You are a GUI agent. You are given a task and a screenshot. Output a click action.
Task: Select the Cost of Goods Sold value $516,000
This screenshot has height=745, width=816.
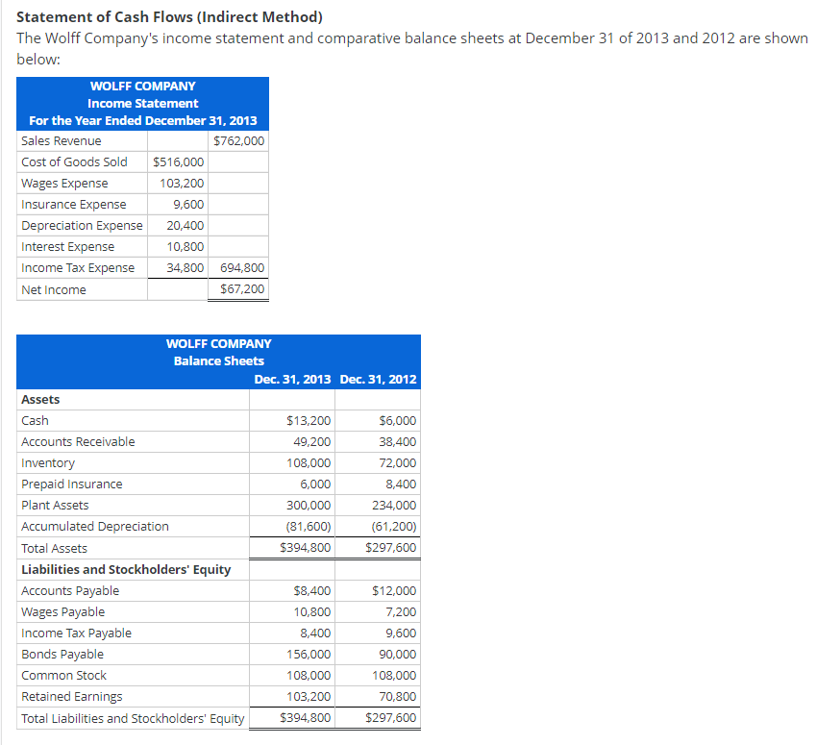click(x=177, y=162)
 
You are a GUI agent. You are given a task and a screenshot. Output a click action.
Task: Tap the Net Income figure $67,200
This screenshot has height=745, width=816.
click(x=242, y=289)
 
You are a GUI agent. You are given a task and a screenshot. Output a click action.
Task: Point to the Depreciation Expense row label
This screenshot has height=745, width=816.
click(x=82, y=226)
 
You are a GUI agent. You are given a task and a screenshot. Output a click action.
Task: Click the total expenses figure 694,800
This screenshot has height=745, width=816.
click(x=242, y=268)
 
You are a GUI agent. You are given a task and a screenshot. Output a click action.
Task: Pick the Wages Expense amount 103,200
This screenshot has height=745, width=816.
click(x=183, y=184)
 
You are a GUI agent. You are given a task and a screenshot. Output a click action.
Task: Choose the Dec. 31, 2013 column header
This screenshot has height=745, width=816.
click(x=292, y=379)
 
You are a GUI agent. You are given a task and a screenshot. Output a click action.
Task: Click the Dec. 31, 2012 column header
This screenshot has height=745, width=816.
click(x=378, y=379)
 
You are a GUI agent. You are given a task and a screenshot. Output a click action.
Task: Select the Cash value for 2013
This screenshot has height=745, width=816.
click(x=309, y=421)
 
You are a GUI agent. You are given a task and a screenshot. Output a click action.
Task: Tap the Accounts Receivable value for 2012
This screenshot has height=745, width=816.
click(x=398, y=442)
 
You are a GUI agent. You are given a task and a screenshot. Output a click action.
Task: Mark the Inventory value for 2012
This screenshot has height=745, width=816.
click(x=398, y=463)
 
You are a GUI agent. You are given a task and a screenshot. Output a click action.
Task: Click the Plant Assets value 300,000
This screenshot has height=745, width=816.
click(x=309, y=506)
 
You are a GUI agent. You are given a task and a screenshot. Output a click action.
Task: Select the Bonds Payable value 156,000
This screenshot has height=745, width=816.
click(x=309, y=655)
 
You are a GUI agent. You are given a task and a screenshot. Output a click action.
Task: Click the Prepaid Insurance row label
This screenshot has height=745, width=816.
click(x=72, y=484)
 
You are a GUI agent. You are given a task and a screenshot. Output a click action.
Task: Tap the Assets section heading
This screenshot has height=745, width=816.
click(x=40, y=400)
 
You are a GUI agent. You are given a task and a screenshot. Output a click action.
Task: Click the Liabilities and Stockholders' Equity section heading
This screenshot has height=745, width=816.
click(x=126, y=570)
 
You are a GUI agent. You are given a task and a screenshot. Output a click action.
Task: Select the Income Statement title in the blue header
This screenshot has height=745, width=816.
click(x=142, y=104)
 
